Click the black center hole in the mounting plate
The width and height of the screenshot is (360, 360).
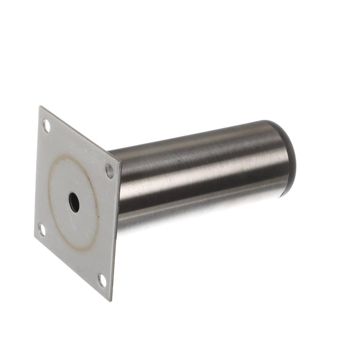pyautogui.click(x=74, y=202)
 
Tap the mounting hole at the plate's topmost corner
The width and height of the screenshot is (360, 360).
pyautogui.click(x=46, y=126)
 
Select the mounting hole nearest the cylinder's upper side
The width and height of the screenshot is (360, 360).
pyautogui.click(x=109, y=171)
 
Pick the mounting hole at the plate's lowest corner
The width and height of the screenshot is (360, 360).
pyautogui.click(x=102, y=280)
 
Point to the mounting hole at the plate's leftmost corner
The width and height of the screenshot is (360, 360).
pyautogui.click(x=42, y=230)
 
